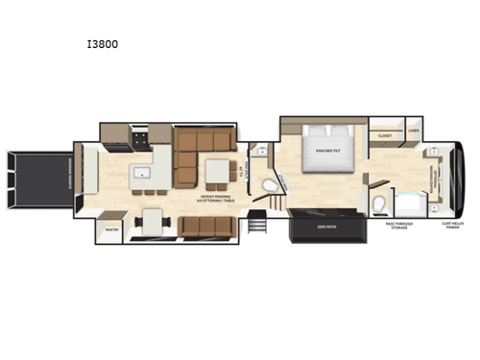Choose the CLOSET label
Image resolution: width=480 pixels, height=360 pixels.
click(x=384, y=136)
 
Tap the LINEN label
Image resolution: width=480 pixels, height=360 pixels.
click(x=414, y=131)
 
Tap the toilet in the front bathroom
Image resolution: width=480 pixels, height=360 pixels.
click(x=380, y=203)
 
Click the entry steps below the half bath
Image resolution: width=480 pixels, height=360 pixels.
click(x=257, y=227)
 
